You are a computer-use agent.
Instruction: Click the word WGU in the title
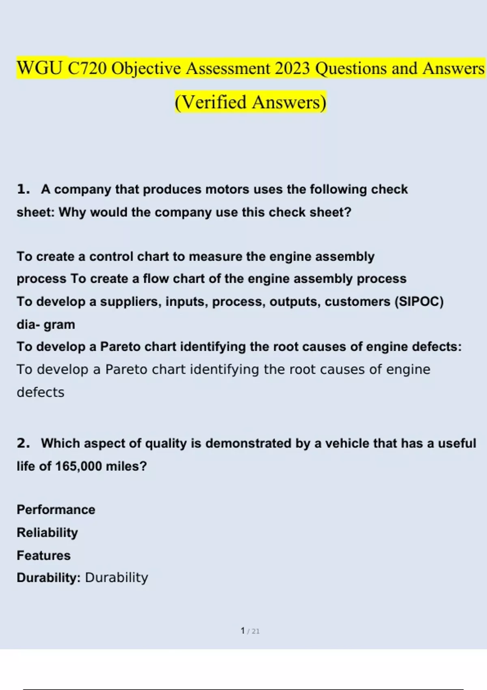[39, 68]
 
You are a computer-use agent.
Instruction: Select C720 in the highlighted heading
[86, 68]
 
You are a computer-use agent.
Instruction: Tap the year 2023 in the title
[292, 68]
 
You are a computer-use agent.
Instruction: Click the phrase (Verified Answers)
[250, 102]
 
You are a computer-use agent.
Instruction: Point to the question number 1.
[23, 189]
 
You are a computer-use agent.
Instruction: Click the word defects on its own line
[41, 392]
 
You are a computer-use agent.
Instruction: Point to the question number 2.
[23, 443]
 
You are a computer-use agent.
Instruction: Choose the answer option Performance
[56, 510]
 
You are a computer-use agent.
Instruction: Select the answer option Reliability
[47, 533]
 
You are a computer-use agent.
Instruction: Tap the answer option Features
[43, 555]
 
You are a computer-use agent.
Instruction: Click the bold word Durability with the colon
[49, 578]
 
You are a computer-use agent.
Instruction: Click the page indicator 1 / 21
[250, 631]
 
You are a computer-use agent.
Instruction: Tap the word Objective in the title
[146, 68]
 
